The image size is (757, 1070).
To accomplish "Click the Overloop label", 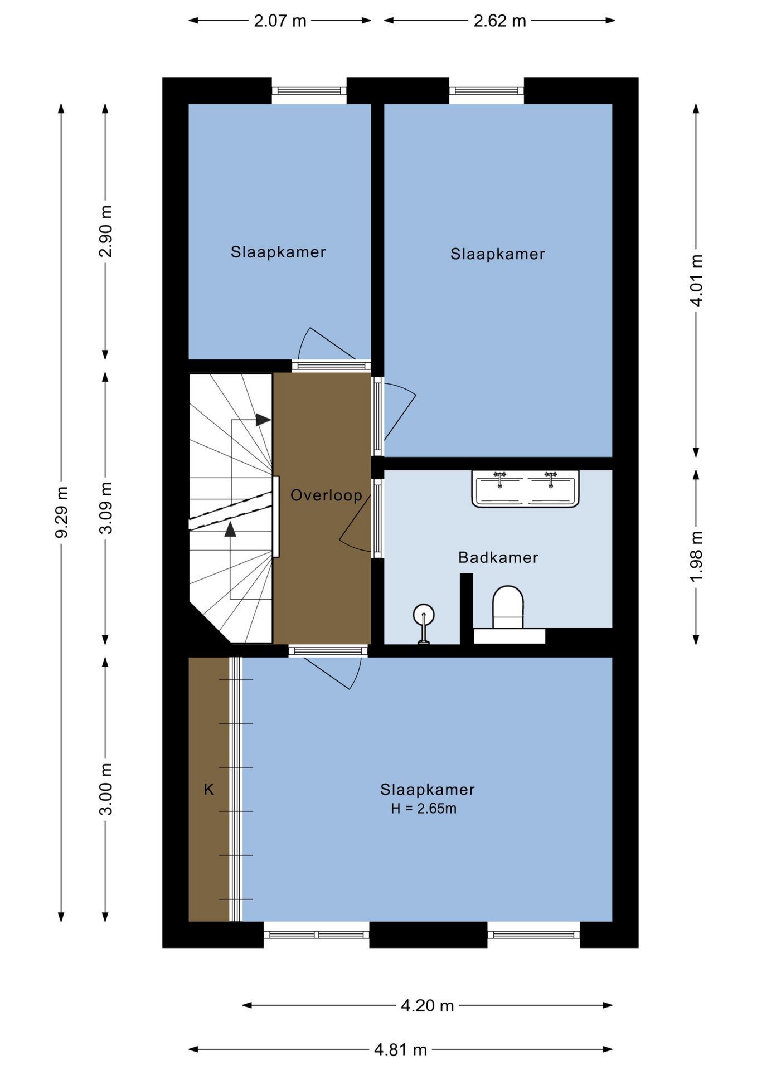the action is pos(326,495).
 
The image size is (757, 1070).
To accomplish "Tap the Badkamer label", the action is pos(498,557).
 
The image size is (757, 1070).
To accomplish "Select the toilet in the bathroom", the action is pos(508,607).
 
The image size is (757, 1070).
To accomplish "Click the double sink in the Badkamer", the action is pos(525,489).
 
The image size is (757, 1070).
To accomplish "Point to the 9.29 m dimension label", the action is pos(61,512).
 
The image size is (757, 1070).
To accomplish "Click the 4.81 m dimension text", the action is pos(400,1050).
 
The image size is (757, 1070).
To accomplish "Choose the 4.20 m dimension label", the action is pos(428,1005).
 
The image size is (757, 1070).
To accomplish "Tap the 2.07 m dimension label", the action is pos(280,21).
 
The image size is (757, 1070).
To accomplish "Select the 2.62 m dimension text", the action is pos(499,21).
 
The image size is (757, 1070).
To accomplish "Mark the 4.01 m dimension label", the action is pos(696,280).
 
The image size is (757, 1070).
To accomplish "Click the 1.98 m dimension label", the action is pos(696,556).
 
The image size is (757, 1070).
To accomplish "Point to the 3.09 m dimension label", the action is pos(106,508).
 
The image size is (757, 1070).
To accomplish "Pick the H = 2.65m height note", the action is pos(424,809).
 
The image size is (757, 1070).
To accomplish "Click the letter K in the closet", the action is pos(209,790).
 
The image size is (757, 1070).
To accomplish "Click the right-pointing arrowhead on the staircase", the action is pos(263,420).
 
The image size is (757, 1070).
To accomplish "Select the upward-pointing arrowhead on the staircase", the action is pos(230,529).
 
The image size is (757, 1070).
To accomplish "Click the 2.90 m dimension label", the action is pos(106,231).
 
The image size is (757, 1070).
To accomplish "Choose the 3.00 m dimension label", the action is pos(106,789).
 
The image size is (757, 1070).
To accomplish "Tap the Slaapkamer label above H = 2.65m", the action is pos(428,790).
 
